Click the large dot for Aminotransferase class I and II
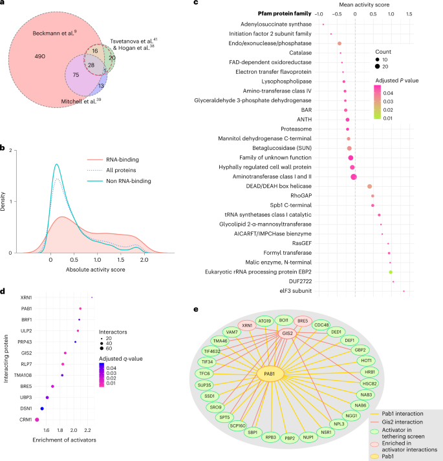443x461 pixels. point(353,177)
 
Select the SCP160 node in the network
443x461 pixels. point(237,425)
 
